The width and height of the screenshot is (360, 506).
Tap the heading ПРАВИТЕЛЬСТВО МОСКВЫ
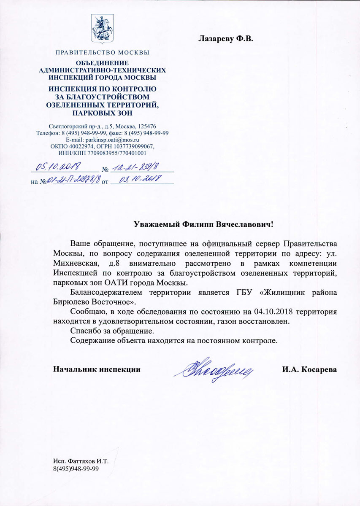[x=102, y=53]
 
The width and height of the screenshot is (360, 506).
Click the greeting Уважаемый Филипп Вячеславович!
[x=204, y=224]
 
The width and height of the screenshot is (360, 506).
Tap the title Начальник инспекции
[x=97, y=369]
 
